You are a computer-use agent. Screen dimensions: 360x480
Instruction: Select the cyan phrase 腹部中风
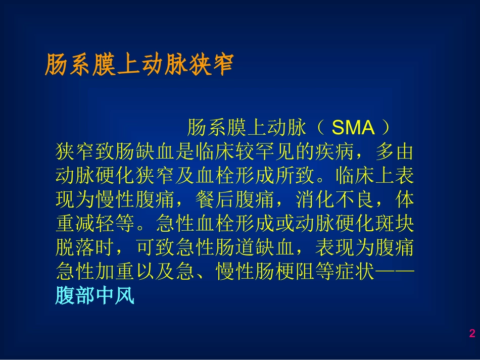(94, 296)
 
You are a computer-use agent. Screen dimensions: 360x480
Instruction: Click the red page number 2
(472, 333)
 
